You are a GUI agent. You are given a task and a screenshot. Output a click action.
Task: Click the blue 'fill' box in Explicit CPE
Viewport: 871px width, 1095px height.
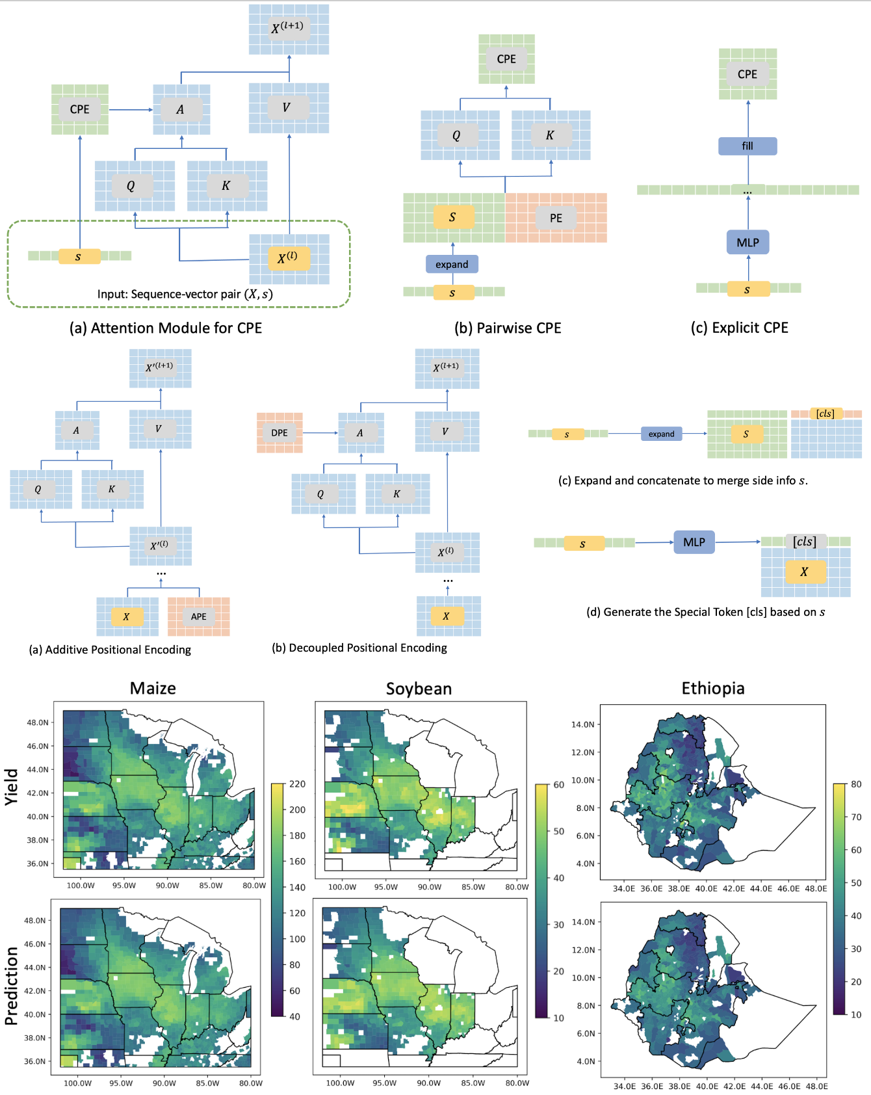[747, 146]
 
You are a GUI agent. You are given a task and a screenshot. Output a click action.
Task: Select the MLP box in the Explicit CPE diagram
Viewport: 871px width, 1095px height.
[747, 243]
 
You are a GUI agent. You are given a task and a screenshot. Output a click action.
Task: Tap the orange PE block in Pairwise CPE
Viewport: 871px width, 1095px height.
[556, 218]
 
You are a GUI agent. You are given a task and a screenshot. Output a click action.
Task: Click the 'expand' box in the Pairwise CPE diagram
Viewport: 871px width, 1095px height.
[452, 264]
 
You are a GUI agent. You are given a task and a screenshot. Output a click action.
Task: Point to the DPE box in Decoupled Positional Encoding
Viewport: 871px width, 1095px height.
[279, 432]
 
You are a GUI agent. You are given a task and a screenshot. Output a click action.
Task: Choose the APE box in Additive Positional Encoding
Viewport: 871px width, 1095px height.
[198, 616]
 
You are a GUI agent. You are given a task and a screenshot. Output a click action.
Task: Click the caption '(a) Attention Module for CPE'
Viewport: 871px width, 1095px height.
[166, 328]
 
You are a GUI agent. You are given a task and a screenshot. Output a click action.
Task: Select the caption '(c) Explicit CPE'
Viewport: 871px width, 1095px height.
[739, 328]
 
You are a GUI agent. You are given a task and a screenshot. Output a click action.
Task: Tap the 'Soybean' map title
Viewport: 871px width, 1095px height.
[419, 689]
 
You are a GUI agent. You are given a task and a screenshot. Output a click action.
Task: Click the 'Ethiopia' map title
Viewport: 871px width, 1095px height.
[713, 688]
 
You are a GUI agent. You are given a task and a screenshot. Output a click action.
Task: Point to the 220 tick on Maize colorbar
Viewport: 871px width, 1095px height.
[297, 784]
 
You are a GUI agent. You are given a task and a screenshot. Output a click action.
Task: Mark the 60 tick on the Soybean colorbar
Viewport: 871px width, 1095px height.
[558, 785]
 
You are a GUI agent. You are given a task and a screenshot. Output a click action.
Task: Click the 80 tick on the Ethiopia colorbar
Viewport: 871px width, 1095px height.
[856, 784]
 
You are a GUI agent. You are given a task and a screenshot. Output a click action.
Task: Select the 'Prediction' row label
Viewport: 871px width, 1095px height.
[11, 986]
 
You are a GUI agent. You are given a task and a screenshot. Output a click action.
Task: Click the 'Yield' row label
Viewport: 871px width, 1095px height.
[11, 787]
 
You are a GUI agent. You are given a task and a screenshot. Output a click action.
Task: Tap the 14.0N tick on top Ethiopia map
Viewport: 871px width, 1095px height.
[582, 724]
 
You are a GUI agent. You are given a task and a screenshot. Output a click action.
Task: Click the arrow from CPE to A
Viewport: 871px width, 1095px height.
[130, 110]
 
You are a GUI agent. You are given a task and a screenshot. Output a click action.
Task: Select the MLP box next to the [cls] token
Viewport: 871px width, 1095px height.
[694, 542]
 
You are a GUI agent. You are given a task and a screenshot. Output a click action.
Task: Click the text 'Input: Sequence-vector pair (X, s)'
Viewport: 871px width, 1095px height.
[185, 294]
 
